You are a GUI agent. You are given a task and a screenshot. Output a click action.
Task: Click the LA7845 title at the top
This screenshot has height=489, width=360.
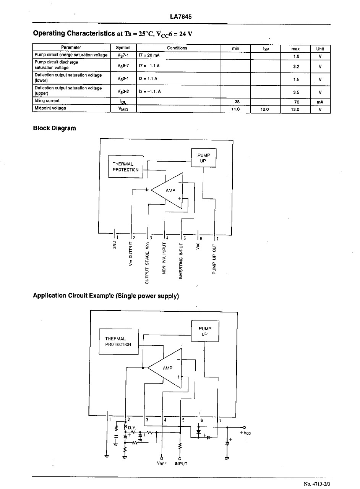point(181,17)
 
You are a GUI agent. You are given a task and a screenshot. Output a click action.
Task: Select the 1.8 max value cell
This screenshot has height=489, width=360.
point(296,56)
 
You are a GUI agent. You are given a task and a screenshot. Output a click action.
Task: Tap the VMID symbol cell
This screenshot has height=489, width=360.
point(123,109)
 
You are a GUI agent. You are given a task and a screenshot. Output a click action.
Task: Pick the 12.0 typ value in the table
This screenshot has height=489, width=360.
point(264,109)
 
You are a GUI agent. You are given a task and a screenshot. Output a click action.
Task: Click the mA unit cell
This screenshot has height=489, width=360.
point(320,102)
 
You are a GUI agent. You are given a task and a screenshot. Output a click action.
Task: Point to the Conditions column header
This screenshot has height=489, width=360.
point(177,48)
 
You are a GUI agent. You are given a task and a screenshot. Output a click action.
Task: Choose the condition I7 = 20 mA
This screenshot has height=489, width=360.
point(149,55)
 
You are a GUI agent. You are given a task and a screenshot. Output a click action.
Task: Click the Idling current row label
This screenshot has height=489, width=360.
point(47,100)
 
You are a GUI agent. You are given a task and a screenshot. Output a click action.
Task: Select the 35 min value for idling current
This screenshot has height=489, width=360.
point(237,102)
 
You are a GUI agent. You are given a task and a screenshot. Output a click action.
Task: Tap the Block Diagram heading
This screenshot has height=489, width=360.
point(54,128)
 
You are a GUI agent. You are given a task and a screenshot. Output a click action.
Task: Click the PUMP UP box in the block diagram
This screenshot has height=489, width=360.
point(204,158)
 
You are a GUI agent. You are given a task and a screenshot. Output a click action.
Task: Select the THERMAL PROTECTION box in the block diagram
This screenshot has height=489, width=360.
point(126,167)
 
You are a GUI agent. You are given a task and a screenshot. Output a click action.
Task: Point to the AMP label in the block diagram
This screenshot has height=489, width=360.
point(170,191)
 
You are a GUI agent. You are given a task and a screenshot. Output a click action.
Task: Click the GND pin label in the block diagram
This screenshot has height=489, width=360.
point(114,245)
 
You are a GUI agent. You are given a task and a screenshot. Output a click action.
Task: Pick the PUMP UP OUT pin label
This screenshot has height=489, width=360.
point(214,259)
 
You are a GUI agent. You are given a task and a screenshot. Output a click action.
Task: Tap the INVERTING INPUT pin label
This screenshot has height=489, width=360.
point(181,261)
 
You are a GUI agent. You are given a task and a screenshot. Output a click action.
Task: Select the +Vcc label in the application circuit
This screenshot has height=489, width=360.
point(245,433)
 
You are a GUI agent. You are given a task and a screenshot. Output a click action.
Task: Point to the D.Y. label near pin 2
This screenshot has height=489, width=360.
point(132,427)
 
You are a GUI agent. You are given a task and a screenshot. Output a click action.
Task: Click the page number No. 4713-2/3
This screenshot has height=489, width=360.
point(317,484)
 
